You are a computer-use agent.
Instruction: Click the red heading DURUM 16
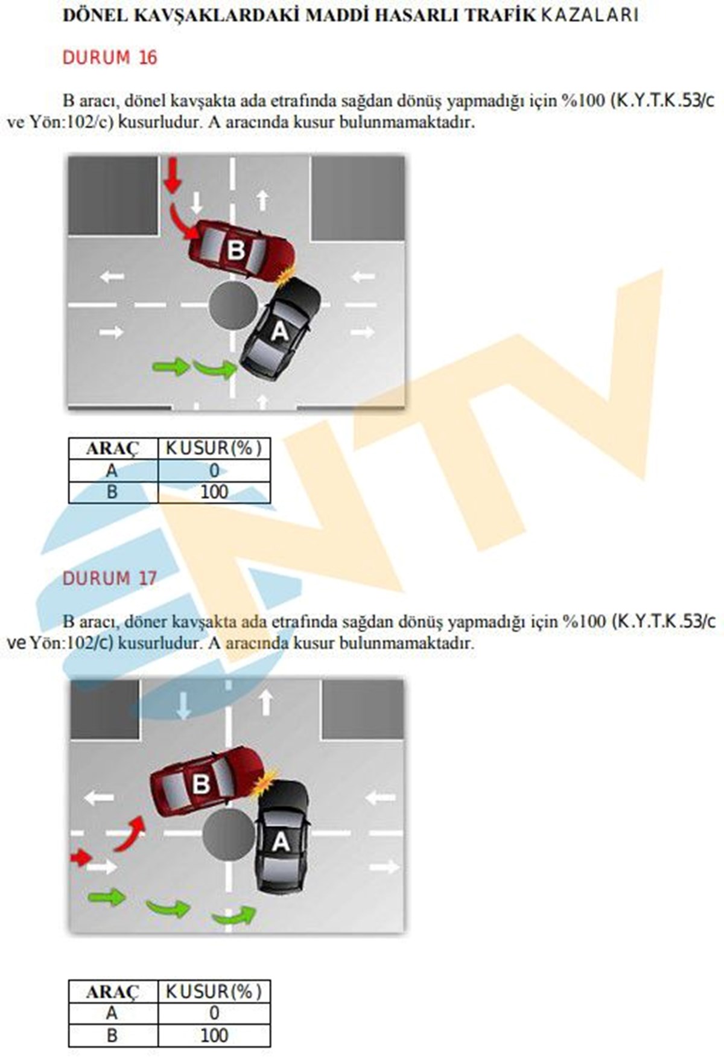coord(110,57)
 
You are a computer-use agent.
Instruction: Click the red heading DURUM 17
coord(110,578)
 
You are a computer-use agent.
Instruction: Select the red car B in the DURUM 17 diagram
coord(208,781)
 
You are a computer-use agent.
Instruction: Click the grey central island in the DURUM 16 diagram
coord(233,305)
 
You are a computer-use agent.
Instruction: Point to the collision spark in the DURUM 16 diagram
coord(287,275)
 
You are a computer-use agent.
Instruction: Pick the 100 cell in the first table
coord(214,492)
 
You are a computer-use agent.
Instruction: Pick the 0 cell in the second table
coord(214,1013)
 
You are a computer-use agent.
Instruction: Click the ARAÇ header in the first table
coord(113,449)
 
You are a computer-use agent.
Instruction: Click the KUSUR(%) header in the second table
coord(214,991)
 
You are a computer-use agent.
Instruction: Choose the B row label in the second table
coord(112,1035)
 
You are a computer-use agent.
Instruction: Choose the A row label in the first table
coord(112,471)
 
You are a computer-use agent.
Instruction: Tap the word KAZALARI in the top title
coord(589,15)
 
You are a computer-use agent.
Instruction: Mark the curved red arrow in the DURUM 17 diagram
coord(131,833)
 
